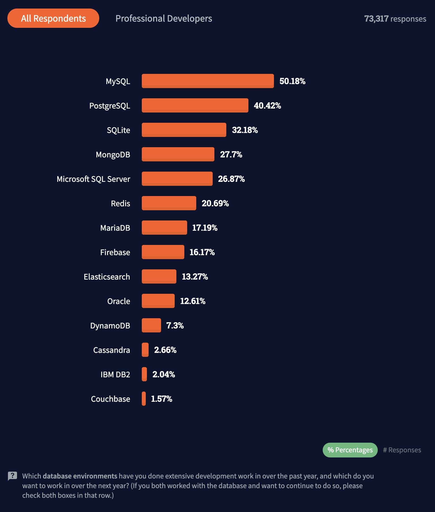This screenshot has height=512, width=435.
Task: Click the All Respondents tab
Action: click(x=53, y=18)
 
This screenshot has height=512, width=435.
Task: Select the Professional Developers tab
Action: click(x=164, y=18)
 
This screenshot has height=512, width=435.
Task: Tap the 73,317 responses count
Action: click(x=395, y=19)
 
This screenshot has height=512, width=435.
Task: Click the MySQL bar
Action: click(x=208, y=81)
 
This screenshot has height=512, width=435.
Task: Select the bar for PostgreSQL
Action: click(x=195, y=105)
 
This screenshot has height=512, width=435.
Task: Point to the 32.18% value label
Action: click(x=245, y=130)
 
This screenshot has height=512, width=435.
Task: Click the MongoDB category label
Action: click(x=113, y=155)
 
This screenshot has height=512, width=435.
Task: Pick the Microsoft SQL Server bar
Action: click(x=177, y=179)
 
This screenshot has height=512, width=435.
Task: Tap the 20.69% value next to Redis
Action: click(x=215, y=203)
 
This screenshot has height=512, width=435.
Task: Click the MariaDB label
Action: click(x=115, y=228)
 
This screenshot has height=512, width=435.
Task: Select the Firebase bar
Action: click(x=163, y=252)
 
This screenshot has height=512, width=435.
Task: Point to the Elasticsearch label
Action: click(x=107, y=277)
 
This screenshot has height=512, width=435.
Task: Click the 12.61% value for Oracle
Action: click(x=193, y=301)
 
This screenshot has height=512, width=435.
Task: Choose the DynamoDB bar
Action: click(x=151, y=325)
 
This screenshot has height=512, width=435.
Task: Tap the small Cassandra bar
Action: click(x=145, y=350)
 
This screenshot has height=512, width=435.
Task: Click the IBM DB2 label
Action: click(x=115, y=374)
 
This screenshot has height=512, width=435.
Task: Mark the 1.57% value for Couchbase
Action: click(x=161, y=399)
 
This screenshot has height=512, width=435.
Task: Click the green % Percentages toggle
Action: click(x=350, y=450)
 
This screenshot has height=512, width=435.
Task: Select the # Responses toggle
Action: click(x=402, y=450)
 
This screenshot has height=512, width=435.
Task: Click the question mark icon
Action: click(x=12, y=476)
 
